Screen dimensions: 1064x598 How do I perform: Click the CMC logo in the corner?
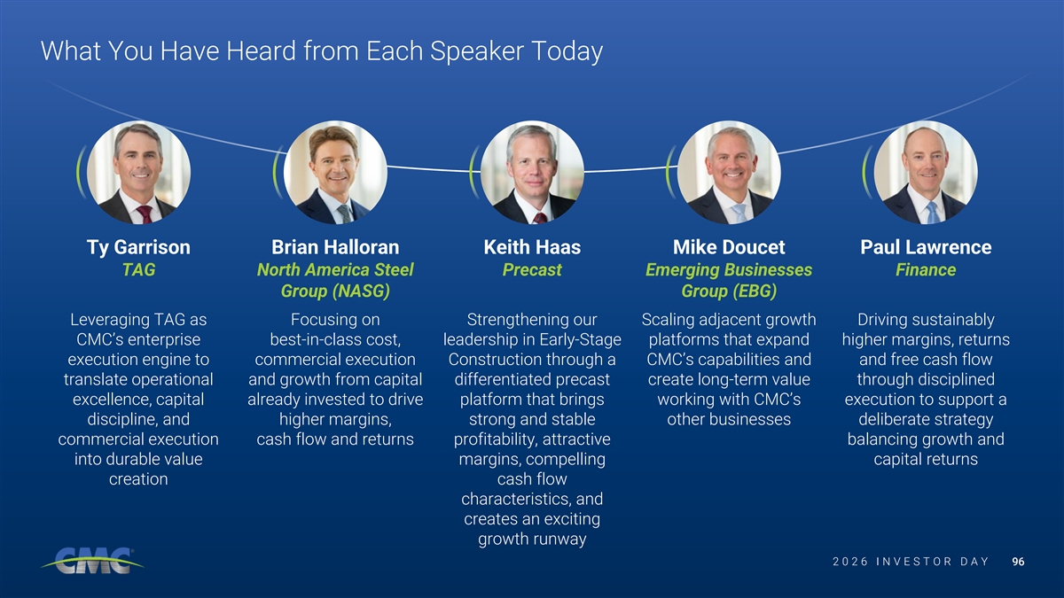point(92,561)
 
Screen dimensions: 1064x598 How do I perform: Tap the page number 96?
point(1018,562)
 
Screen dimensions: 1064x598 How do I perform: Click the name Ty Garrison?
point(138,248)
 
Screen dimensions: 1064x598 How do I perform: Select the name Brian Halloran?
point(335,247)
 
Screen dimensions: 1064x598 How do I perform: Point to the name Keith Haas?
point(532,247)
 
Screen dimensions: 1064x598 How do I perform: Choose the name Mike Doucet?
point(729,247)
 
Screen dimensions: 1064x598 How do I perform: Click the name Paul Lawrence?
point(926,247)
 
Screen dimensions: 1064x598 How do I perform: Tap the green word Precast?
point(532,269)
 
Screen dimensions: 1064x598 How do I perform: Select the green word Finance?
point(926,269)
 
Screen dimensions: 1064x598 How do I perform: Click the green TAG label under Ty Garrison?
point(138,269)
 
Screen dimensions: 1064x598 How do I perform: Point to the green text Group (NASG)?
point(335,291)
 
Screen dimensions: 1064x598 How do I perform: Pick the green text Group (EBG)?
point(729,291)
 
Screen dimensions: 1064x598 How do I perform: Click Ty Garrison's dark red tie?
point(145,214)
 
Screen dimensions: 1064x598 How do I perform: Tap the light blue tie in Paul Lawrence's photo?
point(933,214)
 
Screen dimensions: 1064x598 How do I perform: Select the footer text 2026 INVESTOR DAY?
point(911,562)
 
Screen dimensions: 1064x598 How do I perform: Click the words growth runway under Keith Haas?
point(532,540)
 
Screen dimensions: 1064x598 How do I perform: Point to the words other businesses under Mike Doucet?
point(729,419)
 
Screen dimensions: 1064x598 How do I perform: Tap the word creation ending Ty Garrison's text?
point(138,479)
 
